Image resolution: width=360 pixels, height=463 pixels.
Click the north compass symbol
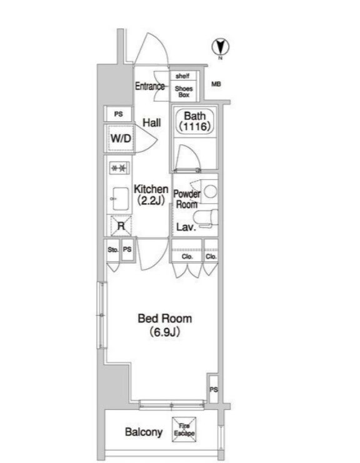point(220,47)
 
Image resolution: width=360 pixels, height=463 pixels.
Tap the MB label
point(216,84)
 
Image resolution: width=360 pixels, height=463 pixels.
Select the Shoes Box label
point(183,91)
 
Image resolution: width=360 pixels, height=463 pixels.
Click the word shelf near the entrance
point(182,76)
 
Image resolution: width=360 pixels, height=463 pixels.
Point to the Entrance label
point(150,86)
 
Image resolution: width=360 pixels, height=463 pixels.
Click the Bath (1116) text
point(194,121)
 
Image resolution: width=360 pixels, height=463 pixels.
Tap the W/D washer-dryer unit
point(120,138)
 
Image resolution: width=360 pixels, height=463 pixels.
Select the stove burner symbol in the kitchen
point(119,168)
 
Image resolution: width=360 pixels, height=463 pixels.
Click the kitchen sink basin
point(121,199)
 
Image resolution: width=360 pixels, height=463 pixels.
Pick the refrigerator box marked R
point(121,226)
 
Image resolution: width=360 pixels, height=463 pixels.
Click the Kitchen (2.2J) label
point(151,195)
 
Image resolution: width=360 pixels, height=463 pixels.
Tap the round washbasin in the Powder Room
point(211,191)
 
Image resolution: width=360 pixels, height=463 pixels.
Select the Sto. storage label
point(113,250)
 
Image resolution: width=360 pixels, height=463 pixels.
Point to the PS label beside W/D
point(118,114)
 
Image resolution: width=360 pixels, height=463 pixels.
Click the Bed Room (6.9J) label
point(165,325)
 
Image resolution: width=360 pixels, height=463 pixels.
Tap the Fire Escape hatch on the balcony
point(184,429)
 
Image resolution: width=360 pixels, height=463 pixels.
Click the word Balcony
point(144,432)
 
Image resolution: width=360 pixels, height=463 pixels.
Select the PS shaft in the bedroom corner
point(213,389)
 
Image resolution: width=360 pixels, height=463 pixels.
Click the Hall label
point(152,122)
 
